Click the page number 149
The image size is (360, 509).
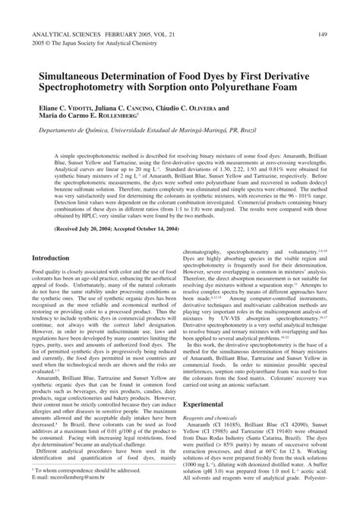click(322, 34)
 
